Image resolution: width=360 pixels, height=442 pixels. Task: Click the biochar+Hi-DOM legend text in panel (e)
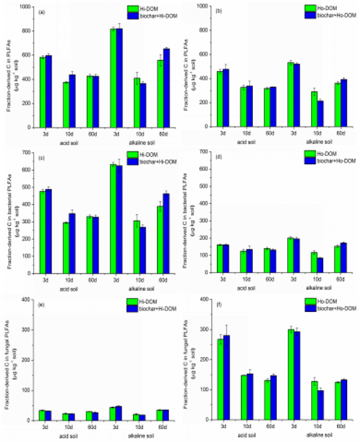(154, 306)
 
